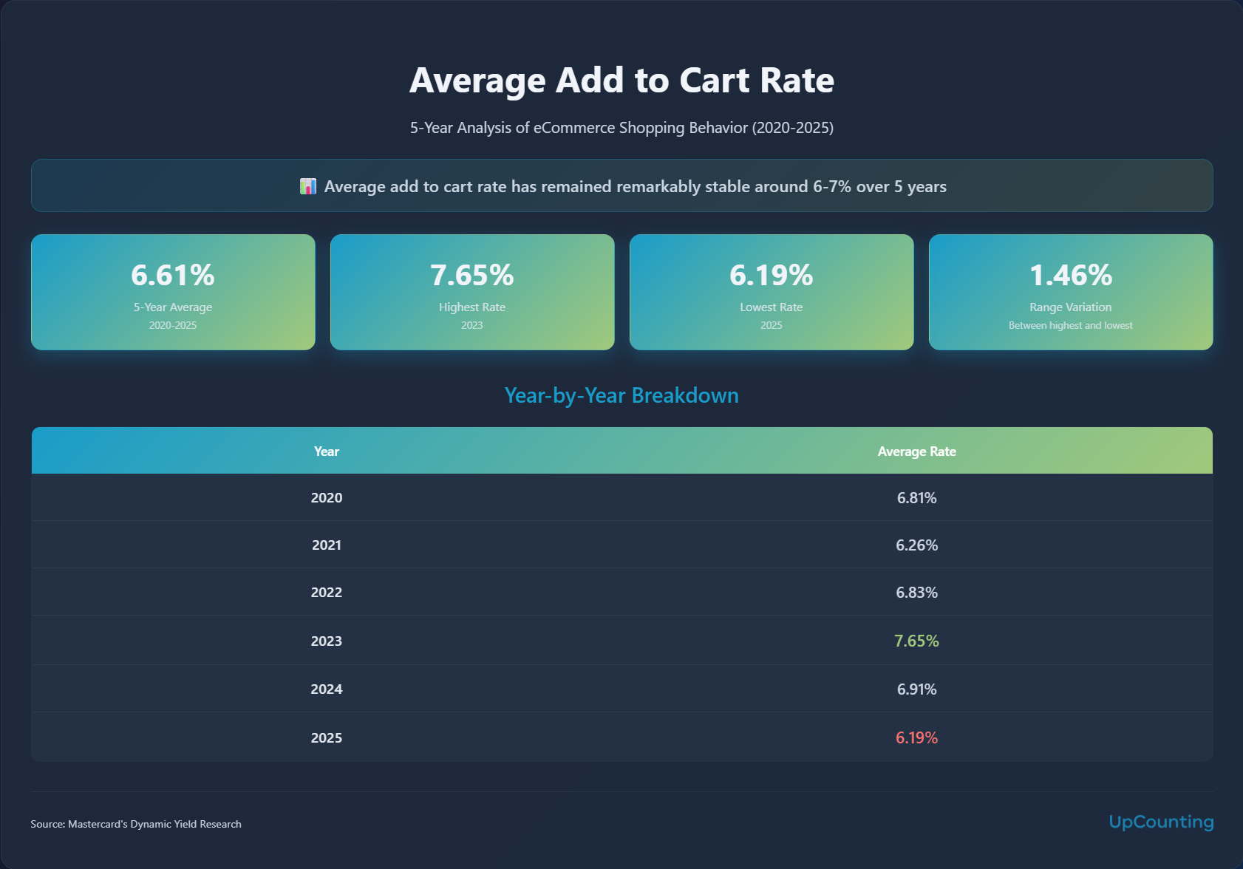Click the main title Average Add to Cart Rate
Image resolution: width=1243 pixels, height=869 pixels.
tap(621, 81)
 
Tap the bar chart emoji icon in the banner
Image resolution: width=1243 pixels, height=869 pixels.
tap(308, 186)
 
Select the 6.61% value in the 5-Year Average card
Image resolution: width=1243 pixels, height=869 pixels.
tap(173, 275)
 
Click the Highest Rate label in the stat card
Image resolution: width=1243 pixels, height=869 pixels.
tap(472, 307)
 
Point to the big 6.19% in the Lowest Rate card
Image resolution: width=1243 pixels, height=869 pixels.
tap(771, 275)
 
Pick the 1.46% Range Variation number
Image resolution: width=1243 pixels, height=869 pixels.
tap(1070, 275)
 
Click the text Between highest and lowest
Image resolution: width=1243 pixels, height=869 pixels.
tap(1070, 326)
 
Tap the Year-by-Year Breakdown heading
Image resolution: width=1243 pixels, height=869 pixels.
tap(621, 395)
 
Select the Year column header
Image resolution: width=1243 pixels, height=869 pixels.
tap(327, 451)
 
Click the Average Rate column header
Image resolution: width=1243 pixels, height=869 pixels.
tap(916, 451)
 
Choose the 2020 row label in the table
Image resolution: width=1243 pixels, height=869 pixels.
tap(327, 498)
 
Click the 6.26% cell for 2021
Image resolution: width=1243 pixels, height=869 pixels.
tap(916, 545)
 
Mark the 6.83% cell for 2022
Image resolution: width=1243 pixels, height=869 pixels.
tap(916, 593)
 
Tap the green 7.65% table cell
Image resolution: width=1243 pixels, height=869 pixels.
tap(916, 641)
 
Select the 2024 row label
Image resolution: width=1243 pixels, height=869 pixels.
tap(327, 689)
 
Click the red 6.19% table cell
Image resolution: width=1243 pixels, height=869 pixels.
tap(916, 737)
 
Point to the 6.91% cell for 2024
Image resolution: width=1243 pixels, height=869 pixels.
tap(916, 689)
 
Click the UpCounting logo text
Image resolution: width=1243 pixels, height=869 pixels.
tap(1161, 822)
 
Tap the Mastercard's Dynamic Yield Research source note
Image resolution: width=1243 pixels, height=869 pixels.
tap(136, 824)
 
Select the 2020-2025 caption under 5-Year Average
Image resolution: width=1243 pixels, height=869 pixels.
tap(173, 326)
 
